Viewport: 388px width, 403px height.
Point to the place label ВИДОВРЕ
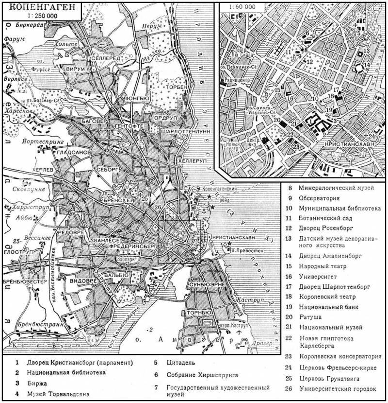point(83,281)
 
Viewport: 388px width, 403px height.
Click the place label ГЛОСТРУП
point(15,252)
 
